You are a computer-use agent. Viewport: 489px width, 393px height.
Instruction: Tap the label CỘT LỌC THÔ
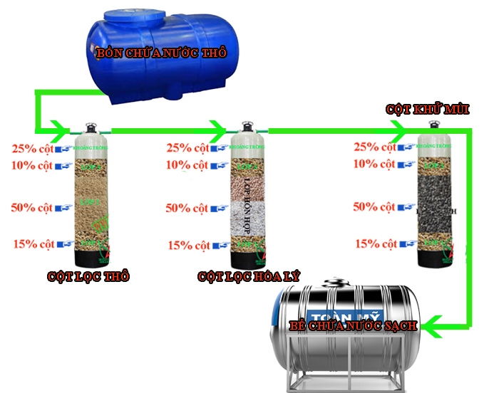click(88, 277)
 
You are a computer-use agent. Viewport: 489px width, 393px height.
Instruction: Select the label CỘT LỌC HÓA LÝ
click(244, 277)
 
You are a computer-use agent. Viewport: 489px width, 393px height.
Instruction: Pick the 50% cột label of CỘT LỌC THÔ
click(33, 208)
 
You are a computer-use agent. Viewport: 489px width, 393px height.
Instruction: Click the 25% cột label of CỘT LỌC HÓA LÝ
click(187, 148)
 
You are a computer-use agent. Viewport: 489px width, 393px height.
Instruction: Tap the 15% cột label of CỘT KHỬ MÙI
click(375, 243)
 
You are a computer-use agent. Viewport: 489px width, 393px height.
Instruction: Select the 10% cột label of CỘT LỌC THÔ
click(33, 166)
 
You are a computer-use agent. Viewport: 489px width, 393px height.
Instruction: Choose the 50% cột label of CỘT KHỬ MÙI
click(375, 207)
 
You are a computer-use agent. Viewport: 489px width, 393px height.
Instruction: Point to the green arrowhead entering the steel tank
click(428, 327)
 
